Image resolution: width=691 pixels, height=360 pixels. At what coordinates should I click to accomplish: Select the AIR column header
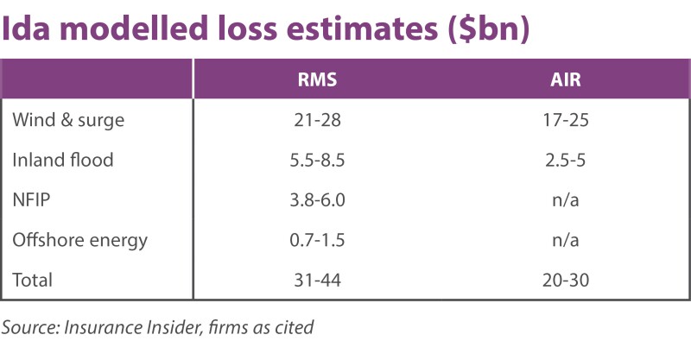point(567,79)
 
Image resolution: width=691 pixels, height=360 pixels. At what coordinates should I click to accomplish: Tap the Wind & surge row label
point(68,120)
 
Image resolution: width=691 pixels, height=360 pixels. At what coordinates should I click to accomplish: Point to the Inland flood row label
point(63,160)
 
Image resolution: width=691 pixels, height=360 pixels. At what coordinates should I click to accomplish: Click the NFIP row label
point(32,199)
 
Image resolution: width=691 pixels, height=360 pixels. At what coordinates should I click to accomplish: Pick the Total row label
point(33,279)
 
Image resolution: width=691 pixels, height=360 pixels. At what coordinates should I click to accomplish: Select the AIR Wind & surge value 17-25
point(567,120)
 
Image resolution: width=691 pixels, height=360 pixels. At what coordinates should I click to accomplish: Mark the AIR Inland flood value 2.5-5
point(567,160)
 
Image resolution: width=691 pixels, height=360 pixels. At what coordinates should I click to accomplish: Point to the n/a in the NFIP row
point(567,199)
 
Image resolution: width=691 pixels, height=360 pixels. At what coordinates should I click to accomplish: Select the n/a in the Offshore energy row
point(567,239)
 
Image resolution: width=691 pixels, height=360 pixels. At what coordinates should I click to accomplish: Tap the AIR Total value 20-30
point(567,279)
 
